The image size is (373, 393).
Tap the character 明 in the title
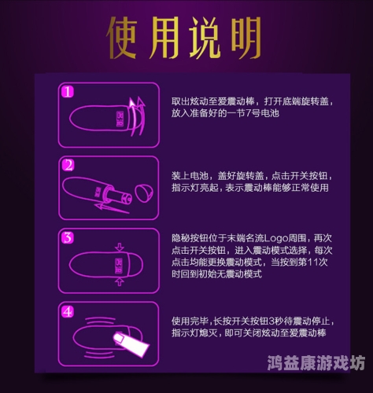pyautogui.click(x=245, y=33)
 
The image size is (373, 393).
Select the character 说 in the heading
pyautogui.click(x=205, y=33)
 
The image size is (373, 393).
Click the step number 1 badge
pyautogui.click(x=68, y=92)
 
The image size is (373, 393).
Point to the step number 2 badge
pyautogui.click(x=68, y=165)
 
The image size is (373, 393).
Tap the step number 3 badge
pyautogui.click(x=68, y=237)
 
